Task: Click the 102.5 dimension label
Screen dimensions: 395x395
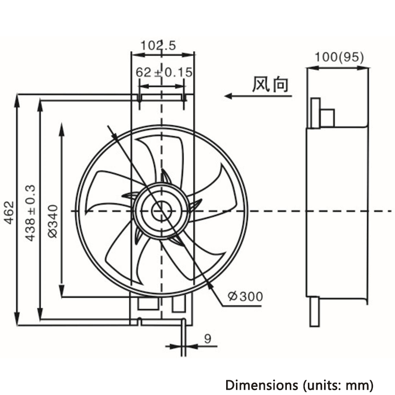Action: click(x=158, y=46)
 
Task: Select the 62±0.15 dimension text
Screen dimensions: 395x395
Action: click(x=164, y=72)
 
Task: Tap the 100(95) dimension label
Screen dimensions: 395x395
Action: click(x=339, y=57)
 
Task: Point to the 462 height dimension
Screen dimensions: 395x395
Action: click(x=9, y=212)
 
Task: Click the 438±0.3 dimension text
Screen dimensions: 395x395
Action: click(x=30, y=213)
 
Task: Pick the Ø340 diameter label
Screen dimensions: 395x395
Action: click(x=53, y=221)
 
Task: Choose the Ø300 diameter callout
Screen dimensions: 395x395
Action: click(x=245, y=296)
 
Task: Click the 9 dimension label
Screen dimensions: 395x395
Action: click(x=208, y=339)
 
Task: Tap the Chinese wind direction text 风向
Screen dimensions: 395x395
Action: click(x=270, y=85)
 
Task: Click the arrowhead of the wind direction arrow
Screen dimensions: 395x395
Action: click(x=228, y=96)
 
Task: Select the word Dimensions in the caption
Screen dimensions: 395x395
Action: click(x=261, y=385)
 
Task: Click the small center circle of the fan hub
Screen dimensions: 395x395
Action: click(x=162, y=211)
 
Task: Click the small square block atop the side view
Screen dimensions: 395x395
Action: click(x=327, y=118)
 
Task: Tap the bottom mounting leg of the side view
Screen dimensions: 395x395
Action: click(x=314, y=312)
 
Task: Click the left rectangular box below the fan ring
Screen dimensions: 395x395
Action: click(x=148, y=303)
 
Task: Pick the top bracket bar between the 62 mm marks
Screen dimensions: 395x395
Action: click(x=162, y=97)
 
